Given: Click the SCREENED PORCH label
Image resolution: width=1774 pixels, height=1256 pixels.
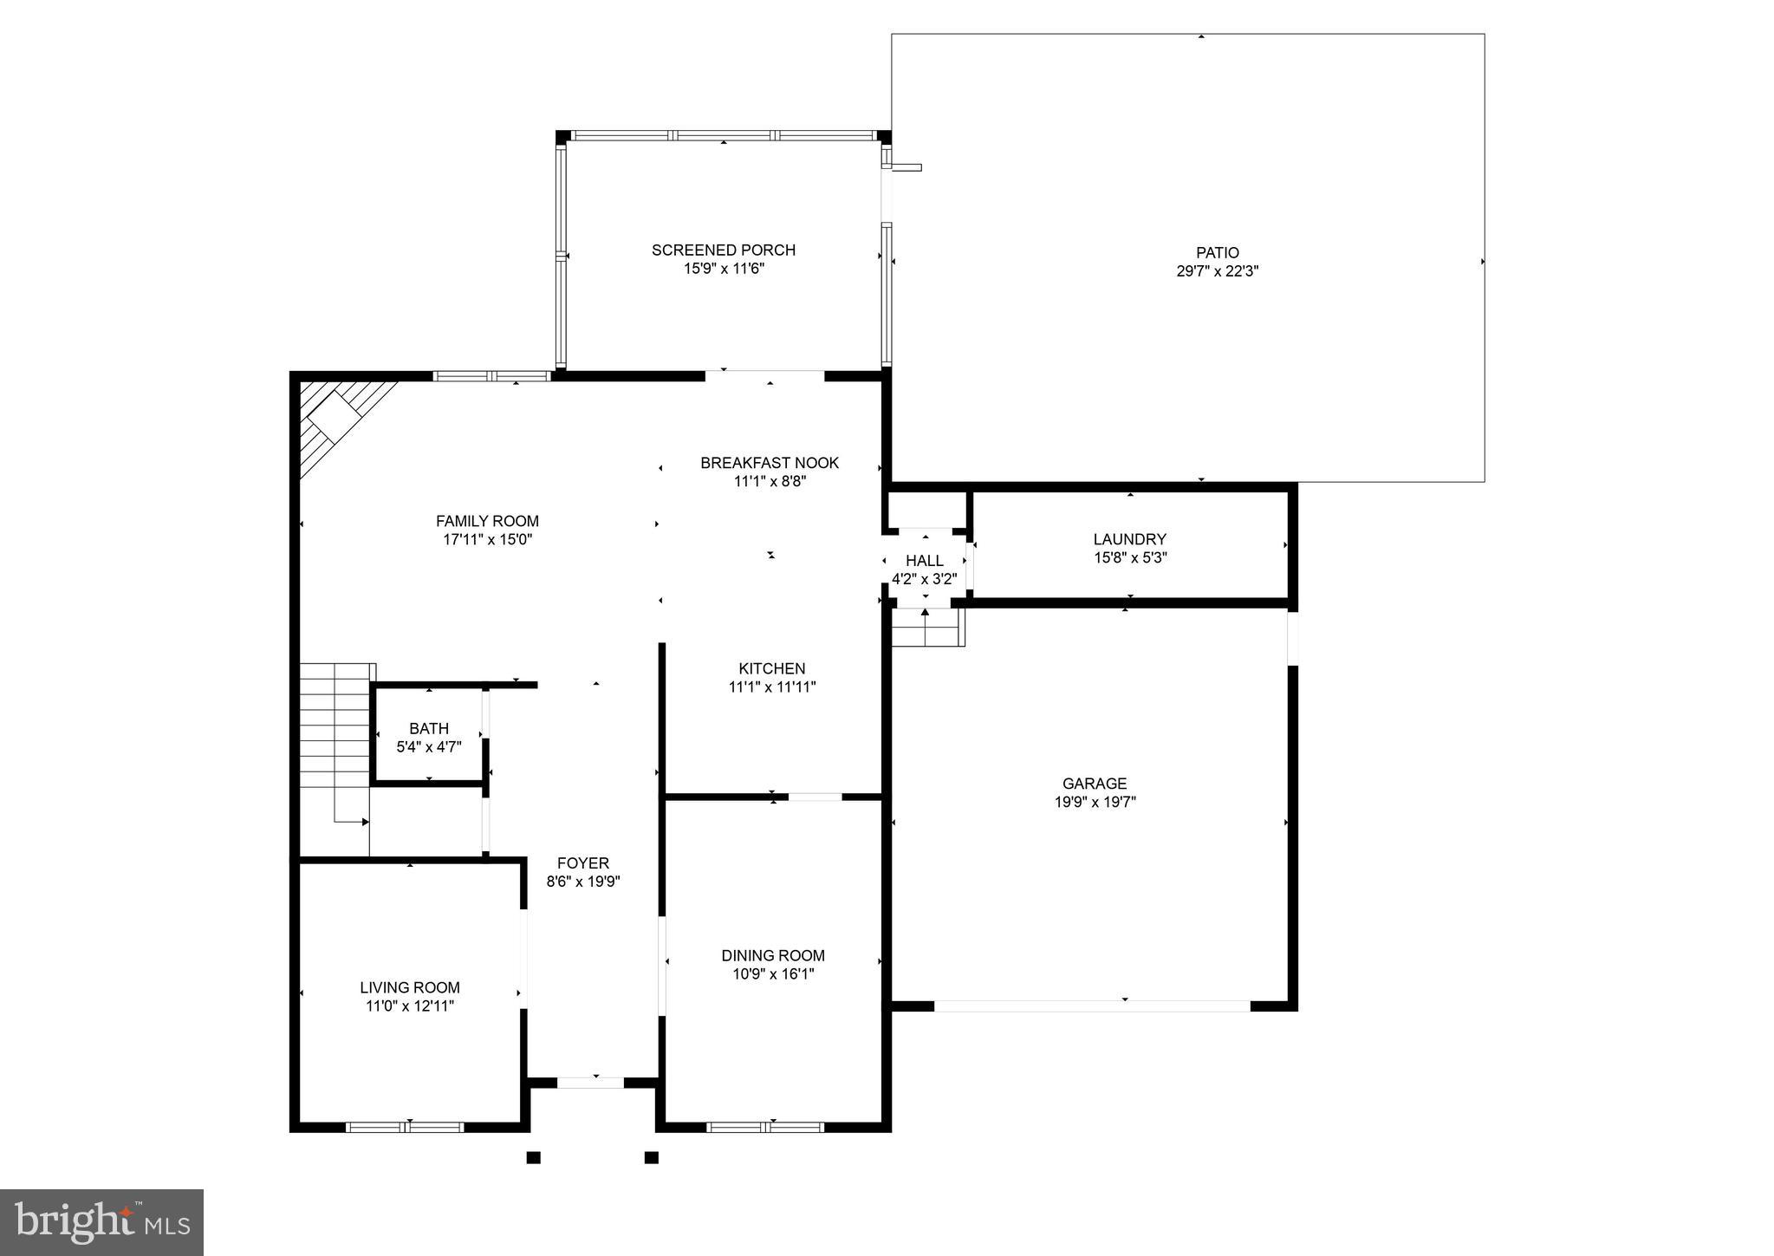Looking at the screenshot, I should [x=723, y=250].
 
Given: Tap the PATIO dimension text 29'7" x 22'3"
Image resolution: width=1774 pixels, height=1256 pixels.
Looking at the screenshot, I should [x=1217, y=271].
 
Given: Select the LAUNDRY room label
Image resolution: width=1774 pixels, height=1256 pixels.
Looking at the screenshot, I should [x=1129, y=539].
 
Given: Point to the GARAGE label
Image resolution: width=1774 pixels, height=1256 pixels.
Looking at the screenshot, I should [x=1095, y=784].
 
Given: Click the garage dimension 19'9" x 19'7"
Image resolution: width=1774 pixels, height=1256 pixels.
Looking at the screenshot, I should [x=1095, y=803].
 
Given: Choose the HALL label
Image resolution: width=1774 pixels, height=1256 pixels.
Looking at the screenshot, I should [x=924, y=561].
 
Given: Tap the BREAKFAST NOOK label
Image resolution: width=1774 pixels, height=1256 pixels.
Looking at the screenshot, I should [x=770, y=463].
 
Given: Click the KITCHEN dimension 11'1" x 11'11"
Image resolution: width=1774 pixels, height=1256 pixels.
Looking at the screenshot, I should [x=771, y=687].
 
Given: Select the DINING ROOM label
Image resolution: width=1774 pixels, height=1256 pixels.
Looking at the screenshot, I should [x=772, y=955].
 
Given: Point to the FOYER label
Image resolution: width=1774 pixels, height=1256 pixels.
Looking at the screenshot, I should [x=582, y=863].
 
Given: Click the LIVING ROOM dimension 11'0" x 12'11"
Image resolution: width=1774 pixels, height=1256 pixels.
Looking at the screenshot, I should [x=409, y=1006].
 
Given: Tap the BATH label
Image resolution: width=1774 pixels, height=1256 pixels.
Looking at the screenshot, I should [x=429, y=729].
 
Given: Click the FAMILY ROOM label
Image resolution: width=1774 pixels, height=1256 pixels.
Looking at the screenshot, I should [x=487, y=521].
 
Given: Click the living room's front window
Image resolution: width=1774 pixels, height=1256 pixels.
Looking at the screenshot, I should [x=405, y=1127].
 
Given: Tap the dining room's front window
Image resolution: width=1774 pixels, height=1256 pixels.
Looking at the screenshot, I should [x=764, y=1127].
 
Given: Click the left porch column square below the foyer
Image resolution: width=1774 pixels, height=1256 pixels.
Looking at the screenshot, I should [x=533, y=1157].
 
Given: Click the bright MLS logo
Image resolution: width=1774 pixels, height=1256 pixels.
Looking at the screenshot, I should [x=101, y=1222].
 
